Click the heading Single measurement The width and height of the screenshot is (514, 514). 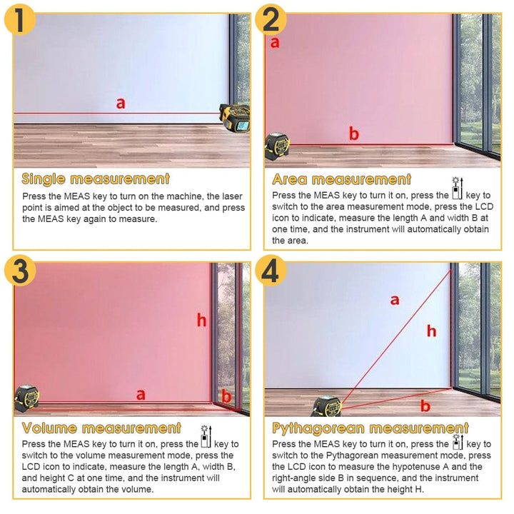(x=96, y=178)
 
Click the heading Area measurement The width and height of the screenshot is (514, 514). (x=342, y=179)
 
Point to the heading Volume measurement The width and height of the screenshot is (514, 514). (x=101, y=428)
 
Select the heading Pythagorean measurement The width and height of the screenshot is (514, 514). (x=371, y=428)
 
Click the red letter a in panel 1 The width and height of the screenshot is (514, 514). (x=121, y=104)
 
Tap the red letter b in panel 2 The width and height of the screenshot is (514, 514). (x=354, y=133)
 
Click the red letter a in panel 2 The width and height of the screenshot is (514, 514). (x=275, y=43)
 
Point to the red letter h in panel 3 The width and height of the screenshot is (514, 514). (x=202, y=321)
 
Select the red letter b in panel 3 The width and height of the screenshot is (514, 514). (x=226, y=397)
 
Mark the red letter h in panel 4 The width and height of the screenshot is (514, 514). (x=431, y=331)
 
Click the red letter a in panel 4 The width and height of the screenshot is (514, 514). (x=395, y=300)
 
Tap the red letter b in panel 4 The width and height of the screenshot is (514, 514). (x=425, y=406)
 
